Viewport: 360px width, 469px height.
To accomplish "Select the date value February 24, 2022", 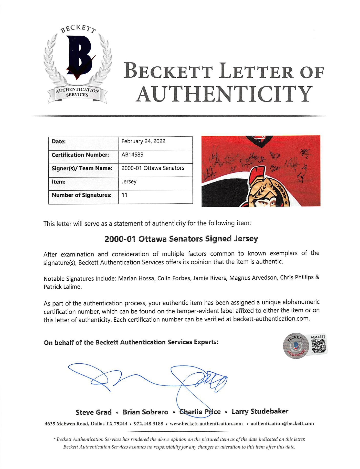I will tap(143, 141).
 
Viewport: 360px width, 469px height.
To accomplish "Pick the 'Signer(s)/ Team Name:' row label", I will tap(82, 168).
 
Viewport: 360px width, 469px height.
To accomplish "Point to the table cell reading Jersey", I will tap(129, 181).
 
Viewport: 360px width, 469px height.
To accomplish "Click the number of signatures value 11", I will tap(124, 195).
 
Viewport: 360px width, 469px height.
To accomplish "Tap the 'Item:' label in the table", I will tap(59, 182).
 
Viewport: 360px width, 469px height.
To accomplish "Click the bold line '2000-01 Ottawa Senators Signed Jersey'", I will tap(181, 239).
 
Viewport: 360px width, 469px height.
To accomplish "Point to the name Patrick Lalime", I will tap(62, 287).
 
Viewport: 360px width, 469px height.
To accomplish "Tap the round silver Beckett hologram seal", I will tap(296, 346).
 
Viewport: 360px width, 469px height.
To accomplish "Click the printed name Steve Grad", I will tap(93, 412).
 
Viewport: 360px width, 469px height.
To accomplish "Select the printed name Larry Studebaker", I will tap(260, 411).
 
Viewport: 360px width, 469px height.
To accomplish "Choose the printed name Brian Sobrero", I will tap(145, 412).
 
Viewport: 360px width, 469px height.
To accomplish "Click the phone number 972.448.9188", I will tap(149, 424).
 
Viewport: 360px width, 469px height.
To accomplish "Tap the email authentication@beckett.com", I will tap(282, 423).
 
